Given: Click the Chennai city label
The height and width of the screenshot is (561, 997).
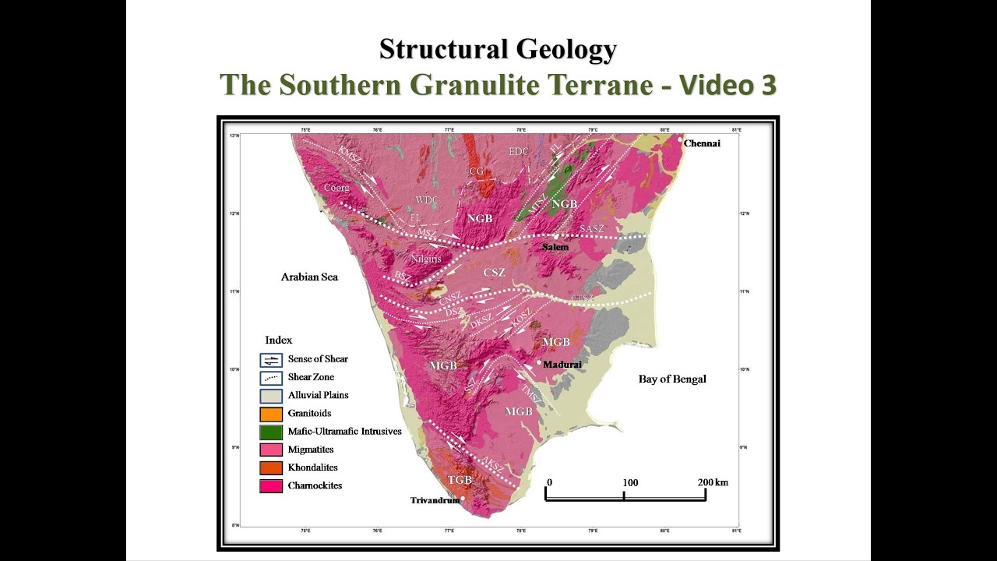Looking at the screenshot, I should [702, 143].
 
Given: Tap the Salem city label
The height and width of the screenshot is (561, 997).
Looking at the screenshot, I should [555, 247].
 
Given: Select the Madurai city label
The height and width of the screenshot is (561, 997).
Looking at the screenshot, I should [562, 364].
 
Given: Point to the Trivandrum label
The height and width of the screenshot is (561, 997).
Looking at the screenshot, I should [435, 500].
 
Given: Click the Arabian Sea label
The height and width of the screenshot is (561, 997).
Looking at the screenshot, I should [309, 277].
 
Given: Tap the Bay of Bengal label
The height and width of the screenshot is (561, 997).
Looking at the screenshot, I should [672, 379].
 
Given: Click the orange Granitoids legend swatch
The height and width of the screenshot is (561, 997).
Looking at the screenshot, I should [270, 414].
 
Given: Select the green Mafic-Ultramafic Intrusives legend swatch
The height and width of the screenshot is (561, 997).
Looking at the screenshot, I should [270, 432].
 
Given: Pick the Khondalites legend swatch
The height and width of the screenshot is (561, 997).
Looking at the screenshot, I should [270, 467].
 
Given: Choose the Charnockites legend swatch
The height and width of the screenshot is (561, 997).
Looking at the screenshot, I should [270, 486].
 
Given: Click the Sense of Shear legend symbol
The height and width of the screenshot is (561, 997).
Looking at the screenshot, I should [270, 360].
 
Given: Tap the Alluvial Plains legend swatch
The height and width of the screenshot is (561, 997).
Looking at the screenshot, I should [270, 396].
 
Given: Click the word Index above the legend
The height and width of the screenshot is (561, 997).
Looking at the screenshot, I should [278, 340].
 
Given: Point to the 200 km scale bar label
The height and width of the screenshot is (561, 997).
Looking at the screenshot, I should [712, 482].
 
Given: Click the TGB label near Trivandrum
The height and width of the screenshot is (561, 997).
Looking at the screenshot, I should [459, 480].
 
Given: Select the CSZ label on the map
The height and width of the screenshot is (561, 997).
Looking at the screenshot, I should [495, 273].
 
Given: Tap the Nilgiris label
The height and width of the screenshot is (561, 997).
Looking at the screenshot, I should [425, 258].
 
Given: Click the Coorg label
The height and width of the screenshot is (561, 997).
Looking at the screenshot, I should [336, 188].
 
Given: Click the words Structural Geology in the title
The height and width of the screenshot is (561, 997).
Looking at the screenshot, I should [498, 49].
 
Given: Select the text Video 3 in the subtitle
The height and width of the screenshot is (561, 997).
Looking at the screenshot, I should [727, 85].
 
